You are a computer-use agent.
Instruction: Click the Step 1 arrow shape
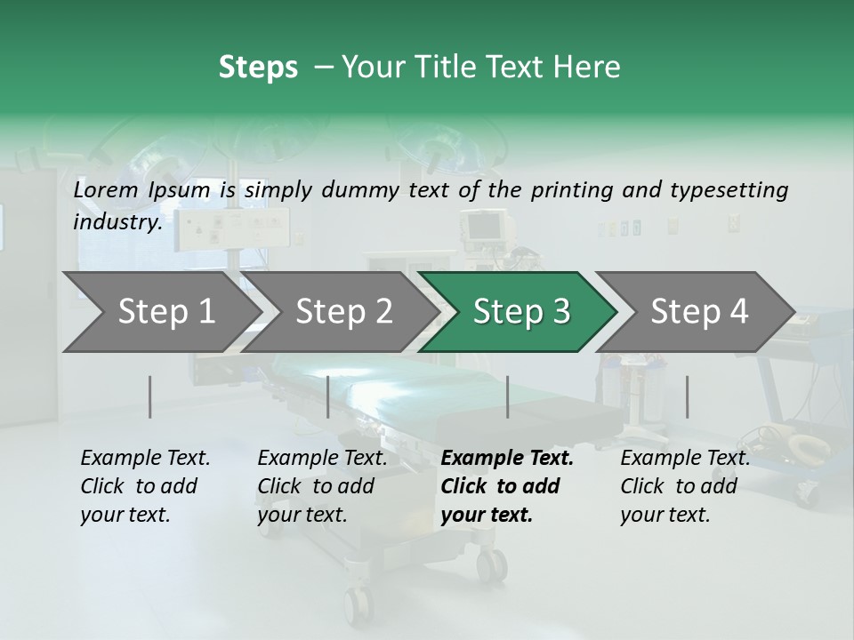tap(160, 312)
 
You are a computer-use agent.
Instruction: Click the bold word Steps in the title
tap(258, 67)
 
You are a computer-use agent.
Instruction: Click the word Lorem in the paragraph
tap(106, 189)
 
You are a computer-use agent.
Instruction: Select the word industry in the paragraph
tap(117, 222)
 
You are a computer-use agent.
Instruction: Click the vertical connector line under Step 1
tap(149, 396)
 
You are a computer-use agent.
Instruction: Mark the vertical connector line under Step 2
tap(327, 396)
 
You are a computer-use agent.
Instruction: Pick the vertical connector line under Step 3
tap(507, 396)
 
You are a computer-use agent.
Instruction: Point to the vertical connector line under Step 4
tap(687, 396)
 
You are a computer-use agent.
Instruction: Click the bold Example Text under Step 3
tap(507, 459)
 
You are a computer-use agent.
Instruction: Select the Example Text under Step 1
tap(145, 459)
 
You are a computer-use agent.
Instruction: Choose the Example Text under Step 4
tap(685, 459)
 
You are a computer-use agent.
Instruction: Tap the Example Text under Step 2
tap(322, 459)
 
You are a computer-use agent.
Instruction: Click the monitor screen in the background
tap(484, 228)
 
